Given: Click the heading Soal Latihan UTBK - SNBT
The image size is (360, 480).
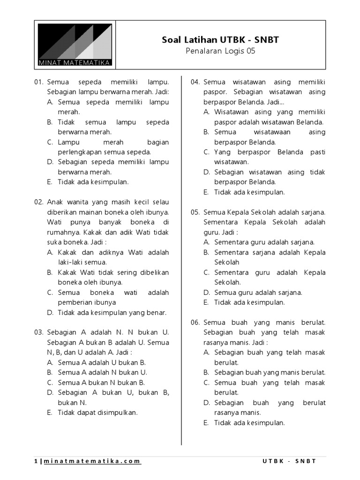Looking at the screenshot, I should tap(220, 40).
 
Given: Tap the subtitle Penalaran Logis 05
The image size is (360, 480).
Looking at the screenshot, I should tap(220, 51).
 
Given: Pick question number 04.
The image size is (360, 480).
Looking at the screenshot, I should tap(195, 82).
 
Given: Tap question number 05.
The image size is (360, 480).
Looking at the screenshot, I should tap(195, 212).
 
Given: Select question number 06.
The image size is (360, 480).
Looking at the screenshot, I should tap(195, 322).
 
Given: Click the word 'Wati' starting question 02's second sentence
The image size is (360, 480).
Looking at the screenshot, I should tap(54, 222).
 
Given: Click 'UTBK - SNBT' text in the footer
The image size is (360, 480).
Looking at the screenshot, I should tap(289, 461).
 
